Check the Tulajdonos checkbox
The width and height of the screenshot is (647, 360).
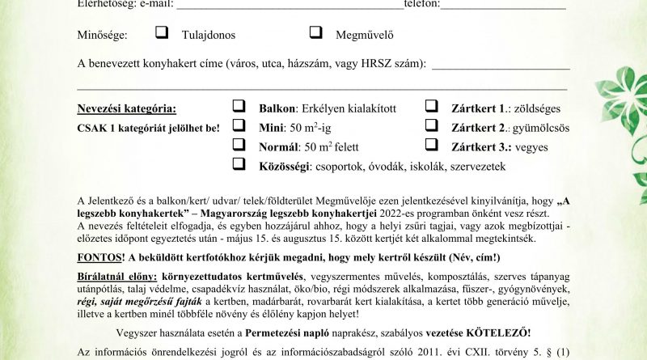coord(163,33)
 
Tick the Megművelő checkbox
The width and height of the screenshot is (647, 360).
coord(317,33)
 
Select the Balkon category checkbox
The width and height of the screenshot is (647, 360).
coord(239,107)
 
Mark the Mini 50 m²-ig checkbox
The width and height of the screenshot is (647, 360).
coord(239,125)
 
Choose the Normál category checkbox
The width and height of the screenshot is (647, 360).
coord(239,145)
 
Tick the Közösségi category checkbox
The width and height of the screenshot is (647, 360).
coord(239,164)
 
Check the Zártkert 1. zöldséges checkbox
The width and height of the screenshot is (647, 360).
coord(432,107)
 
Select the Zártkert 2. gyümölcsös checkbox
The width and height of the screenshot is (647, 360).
coord(432,125)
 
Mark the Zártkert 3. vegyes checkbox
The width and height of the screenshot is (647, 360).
coord(432,145)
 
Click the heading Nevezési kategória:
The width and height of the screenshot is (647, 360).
coord(125,108)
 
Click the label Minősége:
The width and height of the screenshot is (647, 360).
coord(103,34)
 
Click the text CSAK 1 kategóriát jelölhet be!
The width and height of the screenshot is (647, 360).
coord(149,128)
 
